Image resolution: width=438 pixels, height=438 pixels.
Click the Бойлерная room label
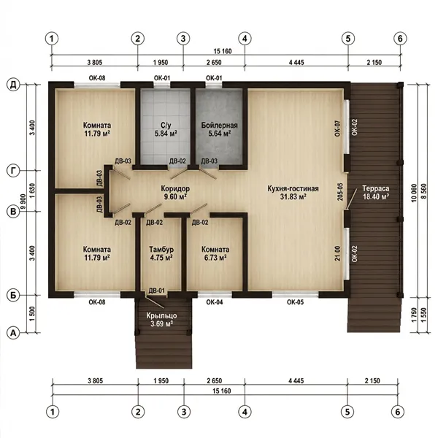(x=219, y=126)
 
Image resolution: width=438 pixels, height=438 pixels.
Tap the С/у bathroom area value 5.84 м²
(x=166, y=134)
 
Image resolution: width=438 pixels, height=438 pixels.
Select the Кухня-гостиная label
(x=293, y=188)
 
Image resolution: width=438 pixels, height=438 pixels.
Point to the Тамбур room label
(x=161, y=249)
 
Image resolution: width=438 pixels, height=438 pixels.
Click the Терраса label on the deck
(x=376, y=188)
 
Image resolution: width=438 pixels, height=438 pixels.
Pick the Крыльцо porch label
(x=162, y=315)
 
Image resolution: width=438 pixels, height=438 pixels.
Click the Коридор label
(x=175, y=188)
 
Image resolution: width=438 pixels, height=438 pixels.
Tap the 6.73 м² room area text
(x=215, y=257)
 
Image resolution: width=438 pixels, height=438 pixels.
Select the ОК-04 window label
(x=215, y=302)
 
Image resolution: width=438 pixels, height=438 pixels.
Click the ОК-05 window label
(x=295, y=302)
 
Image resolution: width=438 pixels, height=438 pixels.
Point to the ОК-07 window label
(x=337, y=128)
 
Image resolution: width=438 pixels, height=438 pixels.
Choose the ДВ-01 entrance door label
(x=156, y=291)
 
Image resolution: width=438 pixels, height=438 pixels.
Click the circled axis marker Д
(x=13, y=85)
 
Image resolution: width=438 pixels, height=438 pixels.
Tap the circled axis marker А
(x=13, y=333)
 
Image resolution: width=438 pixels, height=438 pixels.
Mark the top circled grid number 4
(x=245, y=39)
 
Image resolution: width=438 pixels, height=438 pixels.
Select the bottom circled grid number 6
(x=398, y=412)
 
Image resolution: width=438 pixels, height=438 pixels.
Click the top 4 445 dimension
(x=296, y=62)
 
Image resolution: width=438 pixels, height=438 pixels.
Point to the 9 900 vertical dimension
(x=23, y=201)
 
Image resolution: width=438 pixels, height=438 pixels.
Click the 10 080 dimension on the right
(x=414, y=193)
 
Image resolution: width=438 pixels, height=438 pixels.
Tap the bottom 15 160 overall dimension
(x=222, y=391)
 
